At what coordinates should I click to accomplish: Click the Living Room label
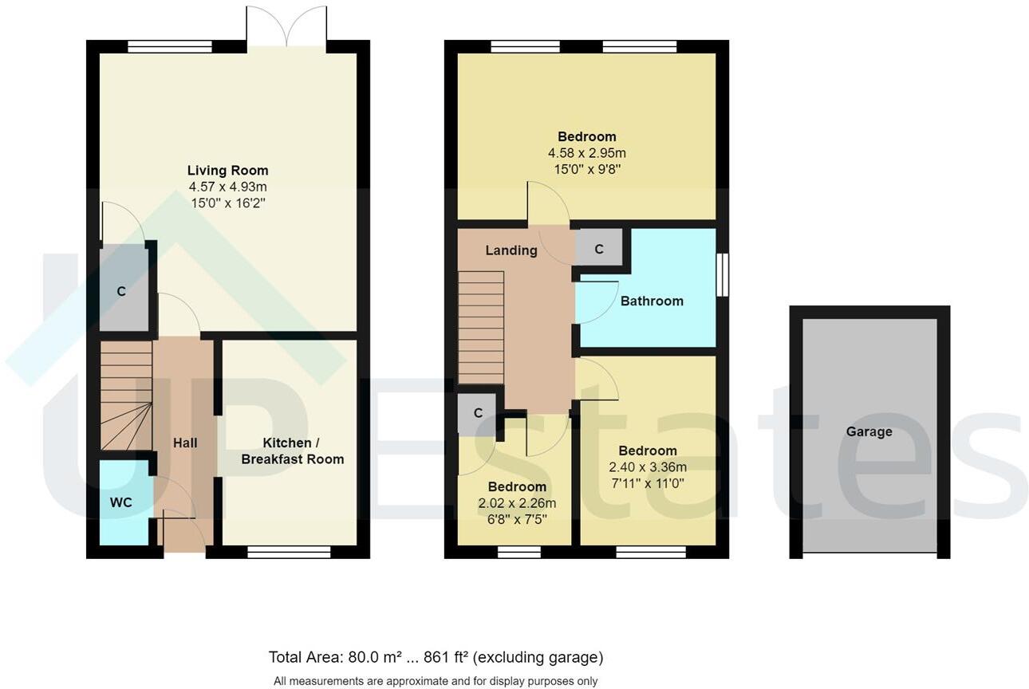click(227, 171)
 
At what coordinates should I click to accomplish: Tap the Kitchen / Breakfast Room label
click(292, 451)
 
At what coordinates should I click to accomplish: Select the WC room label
click(120, 502)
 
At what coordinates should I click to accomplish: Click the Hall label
click(185, 443)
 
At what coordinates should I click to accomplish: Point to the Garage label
click(869, 431)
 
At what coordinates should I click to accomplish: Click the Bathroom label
click(652, 301)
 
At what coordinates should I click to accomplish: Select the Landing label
click(511, 250)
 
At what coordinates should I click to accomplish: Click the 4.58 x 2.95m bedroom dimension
click(586, 153)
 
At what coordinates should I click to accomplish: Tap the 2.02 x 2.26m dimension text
click(517, 503)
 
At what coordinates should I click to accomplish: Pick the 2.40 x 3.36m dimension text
click(647, 467)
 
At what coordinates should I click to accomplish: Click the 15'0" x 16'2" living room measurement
click(227, 203)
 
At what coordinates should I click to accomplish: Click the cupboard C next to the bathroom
click(599, 250)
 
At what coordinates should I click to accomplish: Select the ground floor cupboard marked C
click(122, 291)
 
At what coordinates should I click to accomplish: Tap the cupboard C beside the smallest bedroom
click(478, 413)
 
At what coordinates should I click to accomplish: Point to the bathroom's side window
click(722, 275)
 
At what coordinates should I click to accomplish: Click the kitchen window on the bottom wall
click(289, 551)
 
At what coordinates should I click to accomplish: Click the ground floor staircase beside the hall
click(126, 396)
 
